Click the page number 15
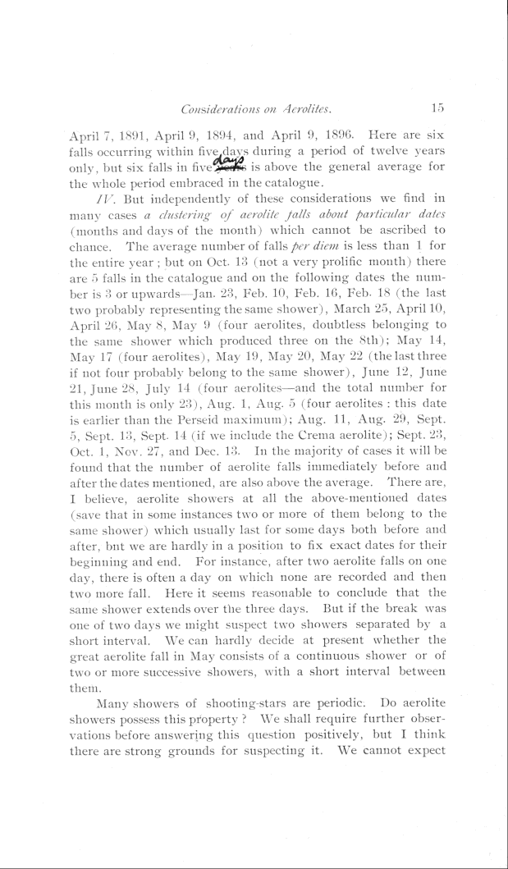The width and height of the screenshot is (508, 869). tap(436, 106)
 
